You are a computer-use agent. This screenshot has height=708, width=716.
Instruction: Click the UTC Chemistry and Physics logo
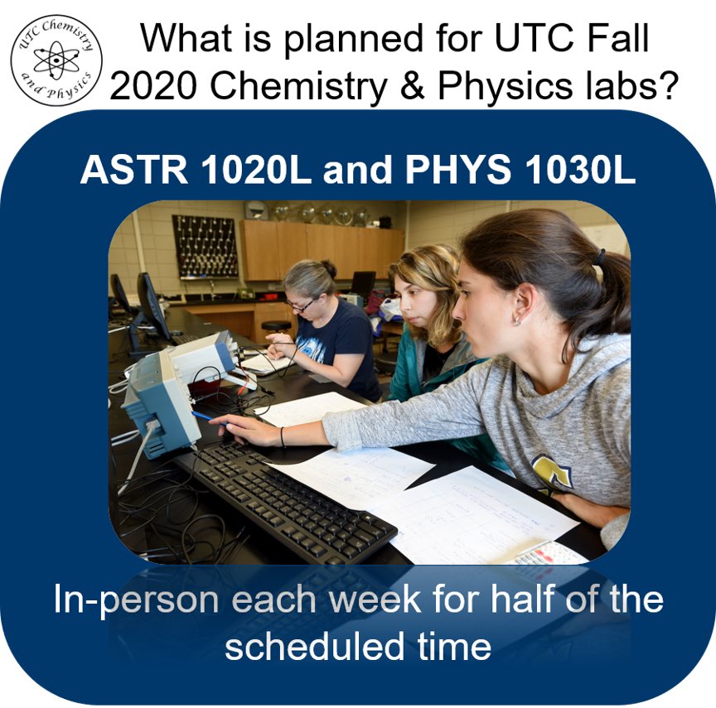[x=57, y=60]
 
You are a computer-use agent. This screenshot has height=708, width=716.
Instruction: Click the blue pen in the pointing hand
[x=204, y=417]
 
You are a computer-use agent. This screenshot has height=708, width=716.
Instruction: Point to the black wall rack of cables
[x=205, y=246]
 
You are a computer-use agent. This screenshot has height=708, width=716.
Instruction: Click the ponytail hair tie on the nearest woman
[x=598, y=258]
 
